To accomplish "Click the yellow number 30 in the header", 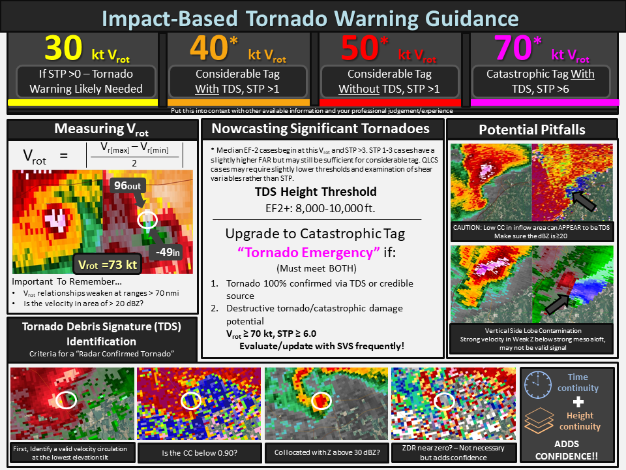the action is [63, 48].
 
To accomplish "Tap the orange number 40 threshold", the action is [209, 48].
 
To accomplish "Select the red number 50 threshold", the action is [360, 48].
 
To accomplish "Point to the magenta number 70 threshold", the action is [513, 48].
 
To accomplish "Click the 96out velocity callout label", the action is [127, 186].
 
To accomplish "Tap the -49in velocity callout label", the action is [168, 252].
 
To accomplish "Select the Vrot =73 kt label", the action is [108, 264].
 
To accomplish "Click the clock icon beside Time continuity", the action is [538, 384].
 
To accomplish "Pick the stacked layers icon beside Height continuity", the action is [539, 420].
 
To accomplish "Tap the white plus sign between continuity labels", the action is [578, 401].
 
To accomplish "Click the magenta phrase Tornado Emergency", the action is [308, 253].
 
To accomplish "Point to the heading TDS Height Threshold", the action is [316, 191].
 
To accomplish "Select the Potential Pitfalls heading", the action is [532, 129].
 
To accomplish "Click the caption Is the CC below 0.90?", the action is [200, 453].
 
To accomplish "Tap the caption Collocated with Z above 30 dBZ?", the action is [327, 452].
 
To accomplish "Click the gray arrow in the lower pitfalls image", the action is [558, 304].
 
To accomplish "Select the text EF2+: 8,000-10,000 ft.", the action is [320, 208].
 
